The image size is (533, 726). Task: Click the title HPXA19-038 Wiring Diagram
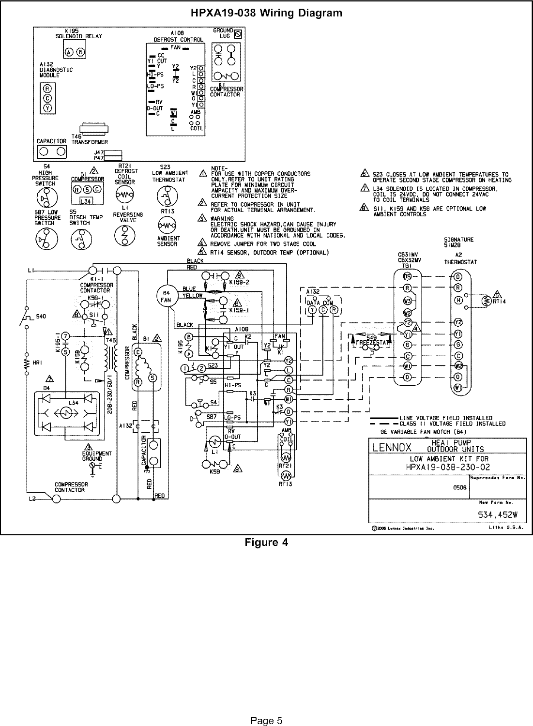266,13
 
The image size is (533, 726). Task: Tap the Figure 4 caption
266,543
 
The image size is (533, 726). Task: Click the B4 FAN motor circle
166,295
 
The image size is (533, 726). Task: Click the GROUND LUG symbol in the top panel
238,34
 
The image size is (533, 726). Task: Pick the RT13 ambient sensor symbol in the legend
167,226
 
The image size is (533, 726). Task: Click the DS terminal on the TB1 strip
408,276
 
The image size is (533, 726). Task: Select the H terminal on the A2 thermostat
457,300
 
